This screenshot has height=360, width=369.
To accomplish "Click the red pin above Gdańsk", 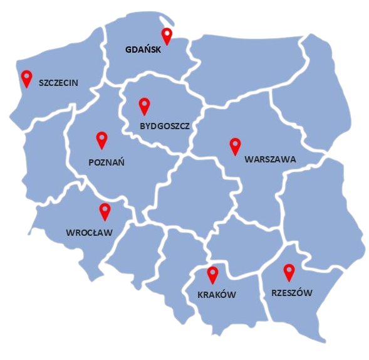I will pyautogui.click(x=167, y=34).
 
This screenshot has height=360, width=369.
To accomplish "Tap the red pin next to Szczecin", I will pyautogui.click(x=26, y=77).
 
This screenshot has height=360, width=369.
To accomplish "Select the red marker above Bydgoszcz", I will pyautogui.click(x=145, y=105).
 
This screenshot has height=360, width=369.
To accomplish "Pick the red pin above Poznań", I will pyautogui.click(x=101, y=139).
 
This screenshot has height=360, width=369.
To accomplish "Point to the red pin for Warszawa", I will pyautogui.click(x=235, y=145).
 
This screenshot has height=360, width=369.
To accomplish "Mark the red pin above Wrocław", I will pyautogui.click(x=105, y=211).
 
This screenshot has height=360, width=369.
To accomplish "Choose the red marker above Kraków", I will pyautogui.click(x=212, y=273).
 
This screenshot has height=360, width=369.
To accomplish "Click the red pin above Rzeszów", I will pyautogui.click(x=289, y=271).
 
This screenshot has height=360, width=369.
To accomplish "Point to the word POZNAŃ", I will pyautogui.click(x=107, y=162).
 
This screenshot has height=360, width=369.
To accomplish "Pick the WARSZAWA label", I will pyautogui.click(x=270, y=159).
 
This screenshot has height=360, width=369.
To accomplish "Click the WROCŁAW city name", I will pyautogui.click(x=89, y=233).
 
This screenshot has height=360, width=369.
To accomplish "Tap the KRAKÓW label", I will pyautogui.click(x=217, y=295).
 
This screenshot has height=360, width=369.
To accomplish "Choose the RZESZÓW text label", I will pyautogui.click(x=292, y=293).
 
